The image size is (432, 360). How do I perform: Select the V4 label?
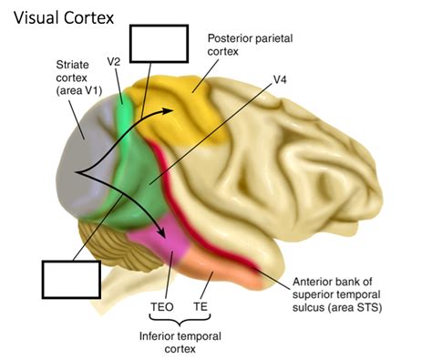tap(282, 79)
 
